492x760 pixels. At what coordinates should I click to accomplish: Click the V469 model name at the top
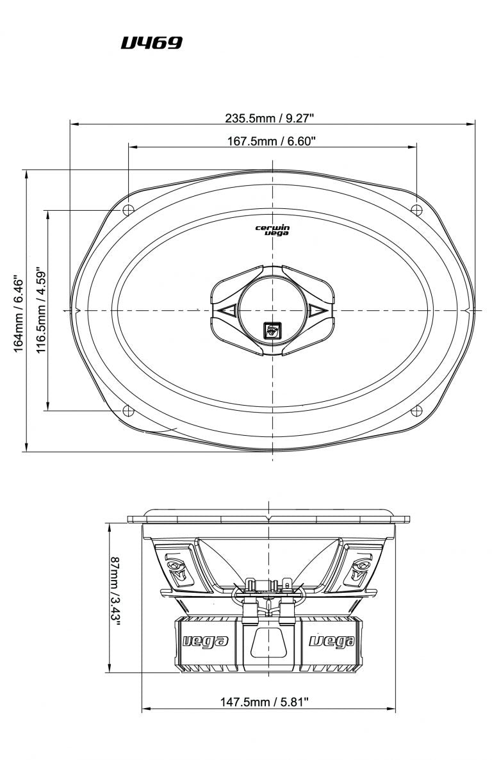point(152,43)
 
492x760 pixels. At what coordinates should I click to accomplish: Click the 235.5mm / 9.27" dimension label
point(269,118)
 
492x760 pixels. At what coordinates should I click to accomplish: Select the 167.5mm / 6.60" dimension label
point(272,141)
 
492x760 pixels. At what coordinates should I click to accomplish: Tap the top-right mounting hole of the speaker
point(416,209)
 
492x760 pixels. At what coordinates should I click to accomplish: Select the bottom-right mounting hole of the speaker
point(416,411)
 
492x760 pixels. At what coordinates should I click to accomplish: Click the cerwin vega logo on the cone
point(272,230)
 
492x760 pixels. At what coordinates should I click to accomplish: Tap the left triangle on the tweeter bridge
point(225,311)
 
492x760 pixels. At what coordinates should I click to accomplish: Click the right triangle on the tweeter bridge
point(317,311)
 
